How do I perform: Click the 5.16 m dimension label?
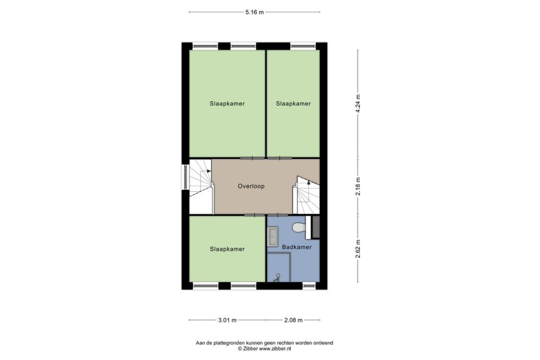click(x=255, y=12)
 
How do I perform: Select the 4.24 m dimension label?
click(x=358, y=103)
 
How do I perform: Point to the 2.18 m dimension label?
click(x=358, y=186)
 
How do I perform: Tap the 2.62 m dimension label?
click(x=358, y=249)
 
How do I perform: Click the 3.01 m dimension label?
click(x=227, y=320)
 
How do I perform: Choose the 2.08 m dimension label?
click(x=293, y=320)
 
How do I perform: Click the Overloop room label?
click(x=251, y=186)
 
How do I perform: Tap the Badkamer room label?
click(x=297, y=247)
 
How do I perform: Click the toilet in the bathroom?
click(x=299, y=227)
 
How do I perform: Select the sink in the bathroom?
click(x=272, y=237)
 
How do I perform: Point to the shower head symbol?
click(x=277, y=278)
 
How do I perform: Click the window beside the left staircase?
click(x=185, y=177)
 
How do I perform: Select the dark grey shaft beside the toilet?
click(x=316, y=227)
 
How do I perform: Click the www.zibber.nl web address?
click(x=275, y=348)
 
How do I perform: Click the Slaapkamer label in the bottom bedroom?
click(x=227, y=249)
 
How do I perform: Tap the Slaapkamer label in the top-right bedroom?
click(x=293, y=103)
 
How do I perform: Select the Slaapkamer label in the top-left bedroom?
click(x=227, y=103)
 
